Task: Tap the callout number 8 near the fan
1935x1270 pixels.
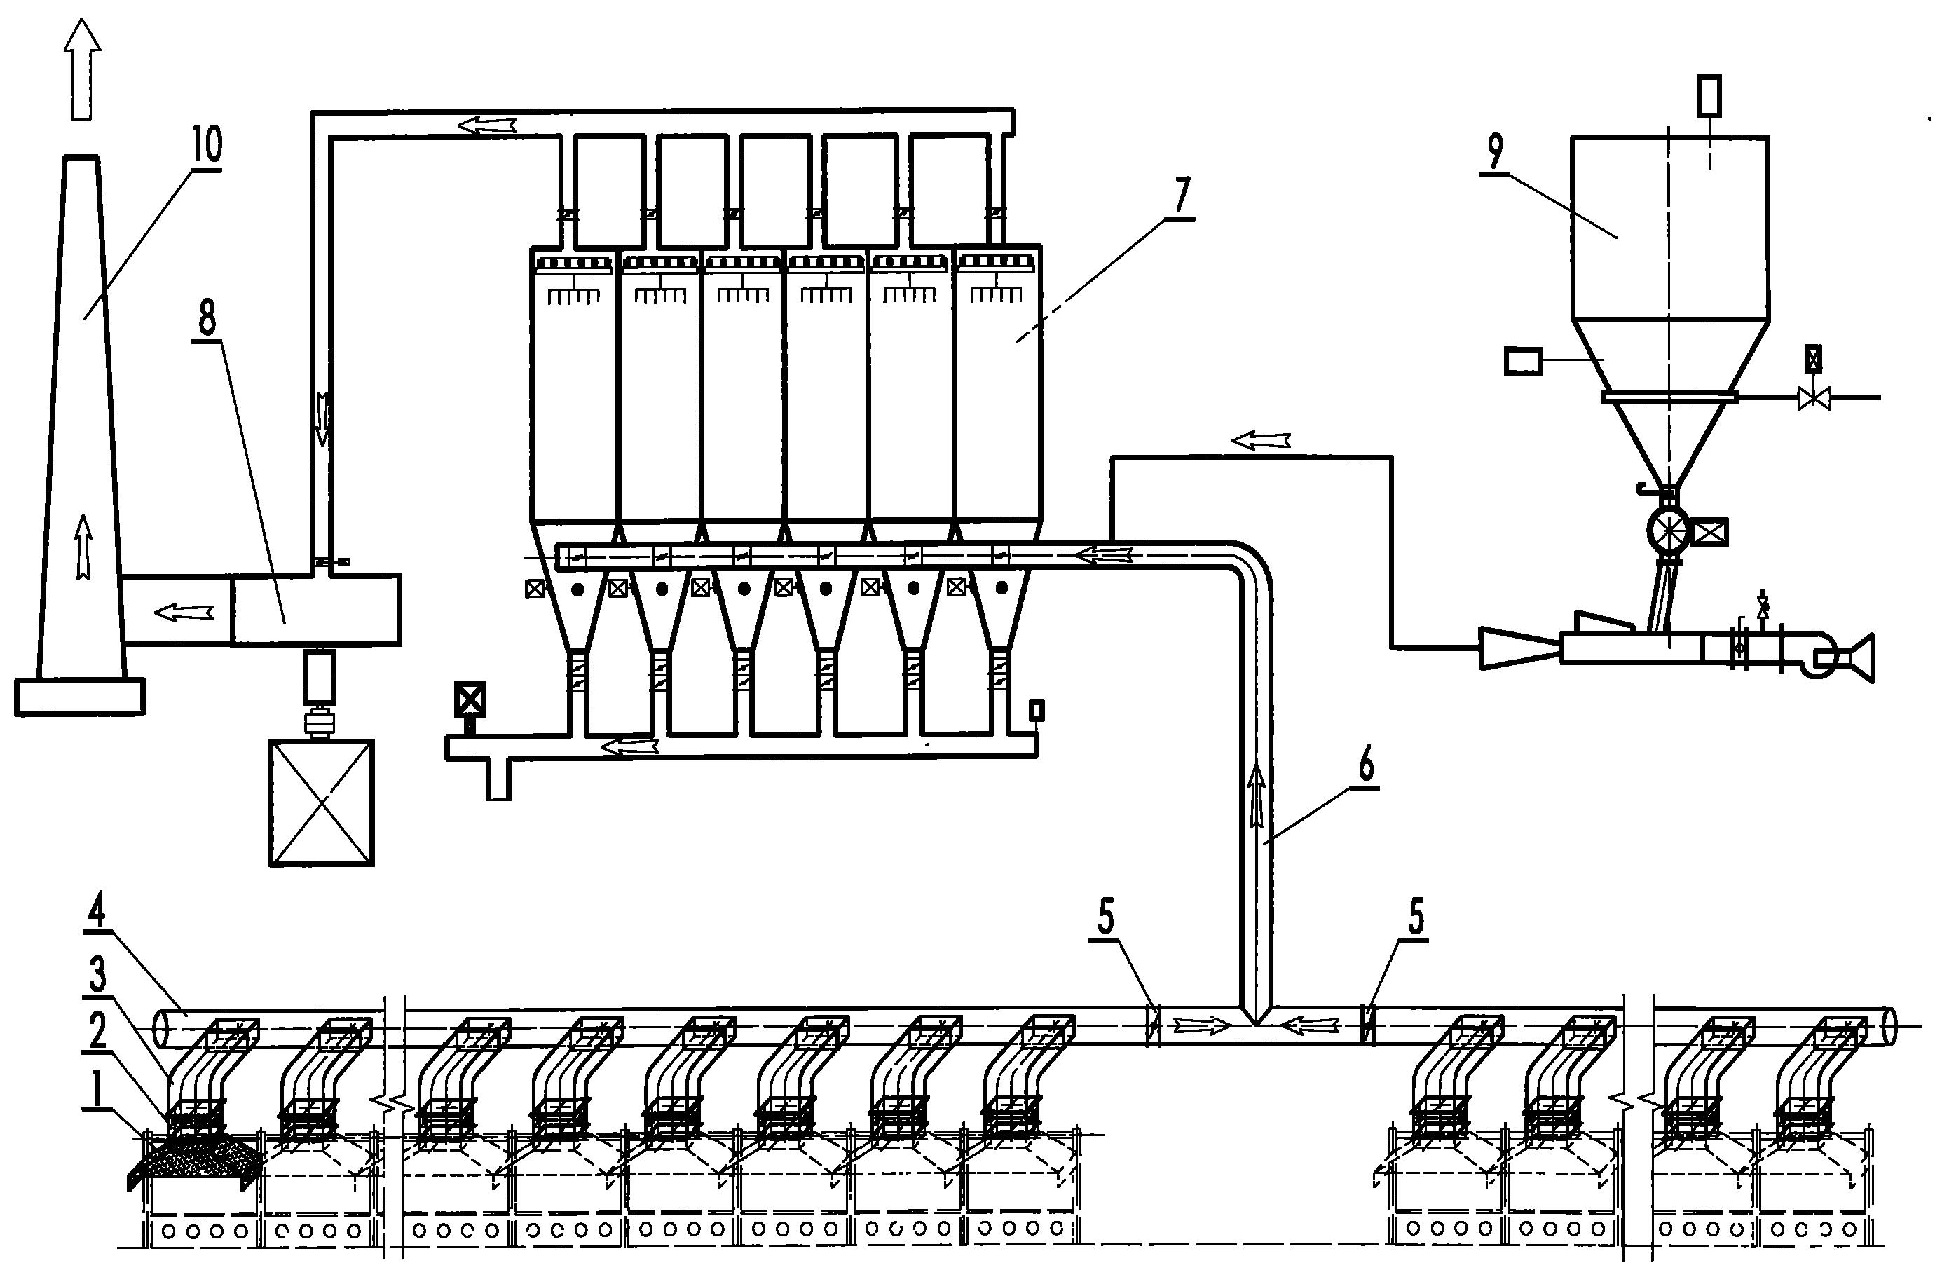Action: pos(207,319)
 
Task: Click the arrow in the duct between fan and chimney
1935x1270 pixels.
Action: pos(184,611)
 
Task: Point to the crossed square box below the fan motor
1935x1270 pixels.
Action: pos(322,802)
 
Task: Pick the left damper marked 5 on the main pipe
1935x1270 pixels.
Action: pos(1152,1026)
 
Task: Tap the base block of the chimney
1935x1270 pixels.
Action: pos(80,697)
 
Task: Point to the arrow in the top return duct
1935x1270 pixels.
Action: pos(486,124)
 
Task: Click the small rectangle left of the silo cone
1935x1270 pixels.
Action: pos(1523,360)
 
